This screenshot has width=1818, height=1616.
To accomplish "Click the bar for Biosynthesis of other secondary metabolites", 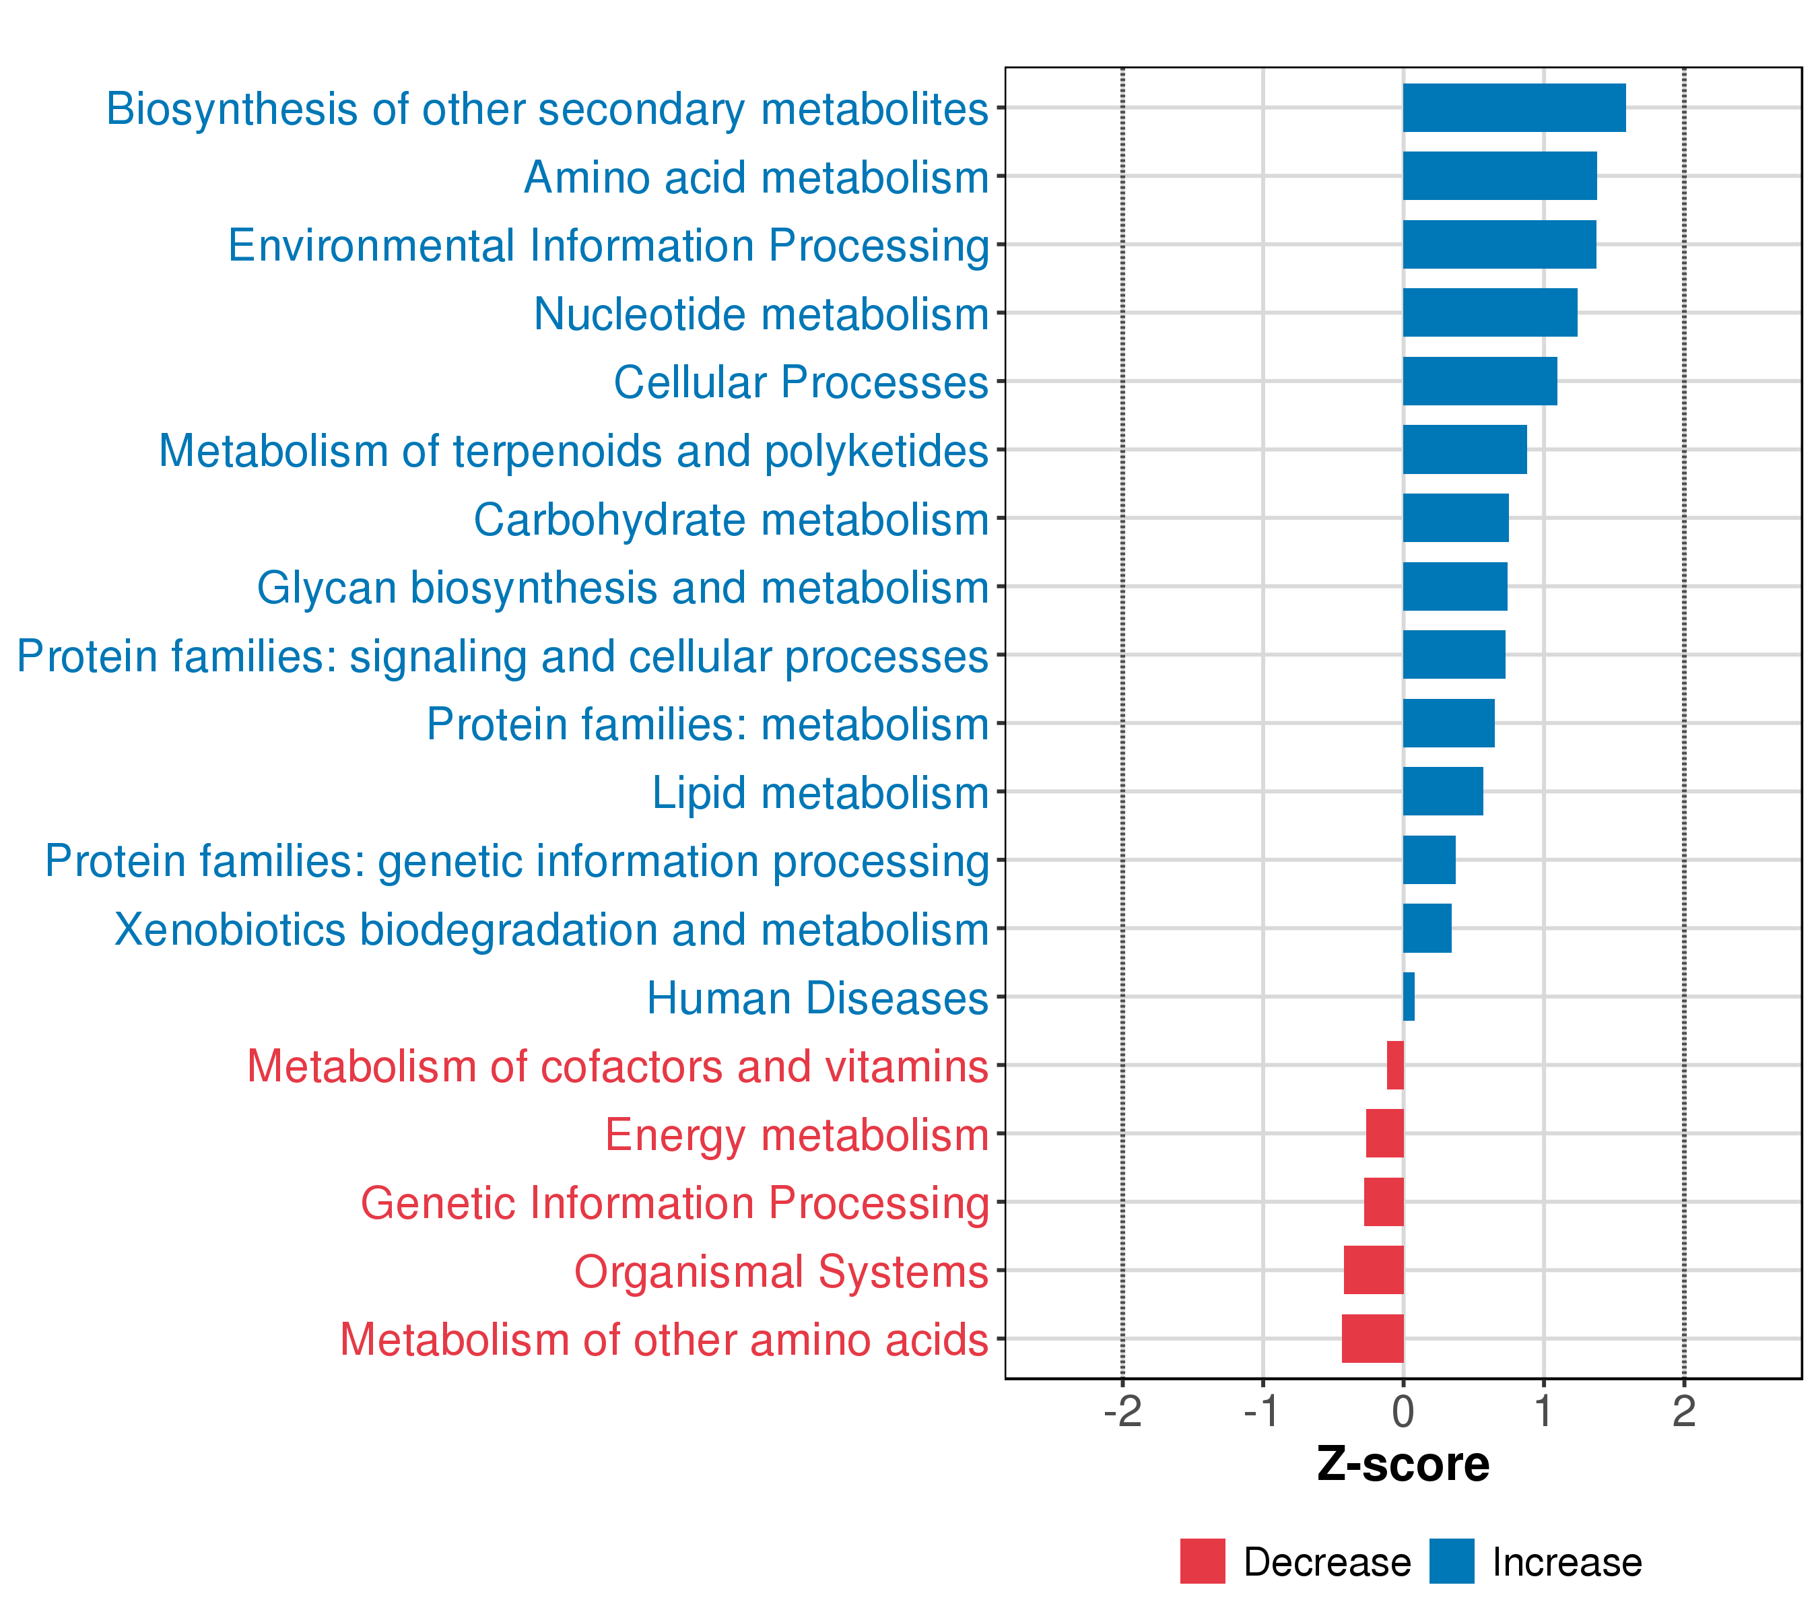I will (1514, 108).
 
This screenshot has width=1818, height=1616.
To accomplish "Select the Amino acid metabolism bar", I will (1500, 176).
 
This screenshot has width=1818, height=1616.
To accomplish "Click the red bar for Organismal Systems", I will (1374, 1269).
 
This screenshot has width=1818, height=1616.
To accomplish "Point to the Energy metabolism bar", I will (1385, 1133).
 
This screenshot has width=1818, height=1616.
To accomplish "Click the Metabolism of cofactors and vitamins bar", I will (1396, 1065).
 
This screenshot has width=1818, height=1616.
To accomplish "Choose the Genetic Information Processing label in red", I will (674, 1203).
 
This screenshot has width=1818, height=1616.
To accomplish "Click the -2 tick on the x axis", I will (1122, 1411).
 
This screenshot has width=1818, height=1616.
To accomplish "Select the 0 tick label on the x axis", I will (1403, 1411).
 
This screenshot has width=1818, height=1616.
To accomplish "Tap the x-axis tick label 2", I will (1684, 1411).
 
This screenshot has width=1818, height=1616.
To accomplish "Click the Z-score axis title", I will (1403, 1464).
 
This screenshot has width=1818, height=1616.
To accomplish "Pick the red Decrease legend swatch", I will (1203, 1561).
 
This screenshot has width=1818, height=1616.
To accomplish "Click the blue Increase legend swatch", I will (1452, 1561).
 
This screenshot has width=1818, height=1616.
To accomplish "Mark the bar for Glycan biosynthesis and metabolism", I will (1455, 586).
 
